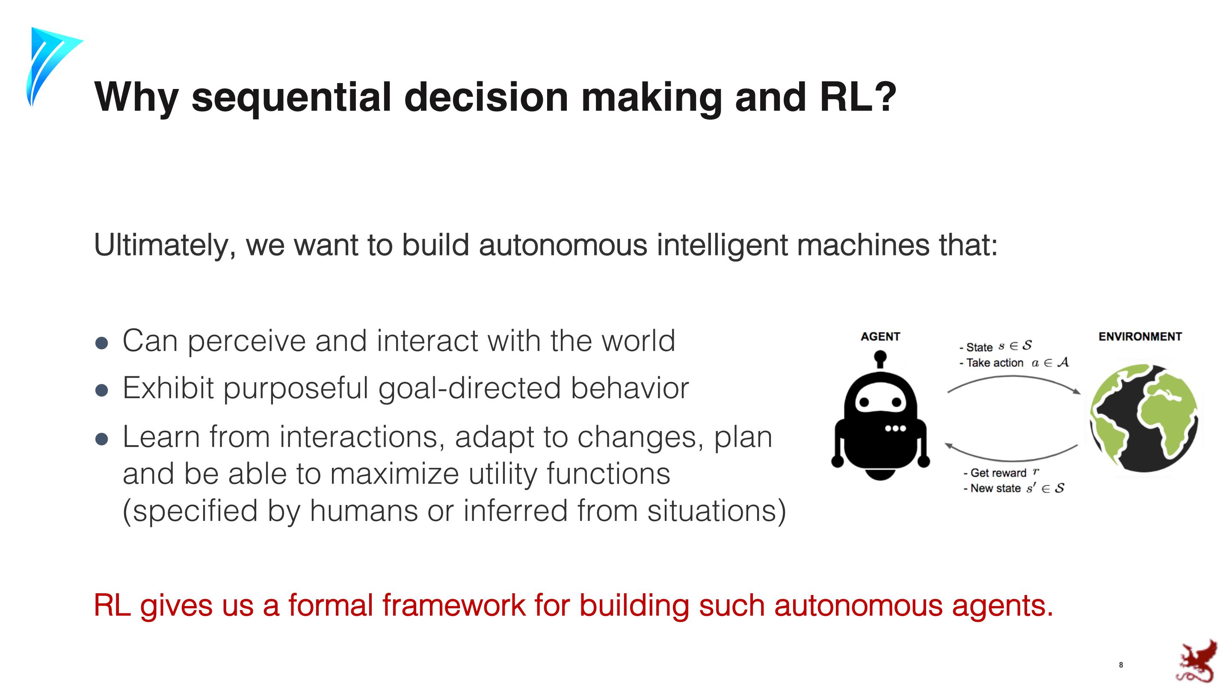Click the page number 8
coord(1121,665)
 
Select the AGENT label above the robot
coord(880,337)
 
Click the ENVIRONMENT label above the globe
coord(1140,337)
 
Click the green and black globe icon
coord(1144,418)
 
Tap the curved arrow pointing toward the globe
coord(1014,377)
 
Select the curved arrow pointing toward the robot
coord(1011,460)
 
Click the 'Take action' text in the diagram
coord(994,363)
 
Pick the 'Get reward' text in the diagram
coord(998,473)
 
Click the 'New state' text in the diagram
coord(995,488)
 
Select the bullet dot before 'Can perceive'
coord(102,343)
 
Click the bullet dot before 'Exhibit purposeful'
coord(102,390)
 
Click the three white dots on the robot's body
coord(895,428)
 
